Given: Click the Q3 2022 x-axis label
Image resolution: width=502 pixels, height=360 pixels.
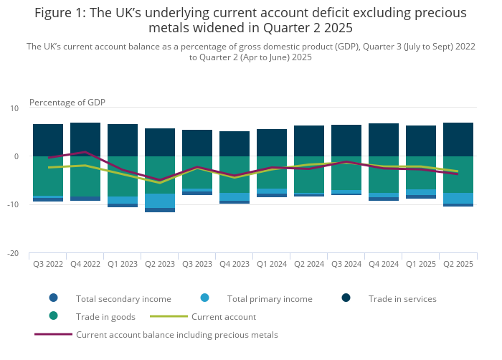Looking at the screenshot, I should (48, 264).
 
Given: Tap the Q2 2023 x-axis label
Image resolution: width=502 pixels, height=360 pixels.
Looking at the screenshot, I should (160, 264).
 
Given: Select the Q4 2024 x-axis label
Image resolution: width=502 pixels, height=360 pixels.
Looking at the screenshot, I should (384, 264).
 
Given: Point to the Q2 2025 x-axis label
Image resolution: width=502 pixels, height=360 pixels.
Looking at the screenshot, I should (458, 264).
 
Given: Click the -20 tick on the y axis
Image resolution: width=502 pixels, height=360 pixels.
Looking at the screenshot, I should (14, 253).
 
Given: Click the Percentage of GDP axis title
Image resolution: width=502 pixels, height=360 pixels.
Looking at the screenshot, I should (67, 102).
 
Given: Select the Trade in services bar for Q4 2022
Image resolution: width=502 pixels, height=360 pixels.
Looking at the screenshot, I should (85, 139).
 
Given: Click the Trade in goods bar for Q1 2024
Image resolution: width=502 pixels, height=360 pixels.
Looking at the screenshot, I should (272, 172).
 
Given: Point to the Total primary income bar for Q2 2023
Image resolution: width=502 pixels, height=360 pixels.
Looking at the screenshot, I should (160, 201).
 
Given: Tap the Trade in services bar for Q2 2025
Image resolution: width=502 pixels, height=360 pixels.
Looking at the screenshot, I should (458, 139).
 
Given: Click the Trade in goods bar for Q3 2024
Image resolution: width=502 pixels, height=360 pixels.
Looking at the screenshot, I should (346, 173).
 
